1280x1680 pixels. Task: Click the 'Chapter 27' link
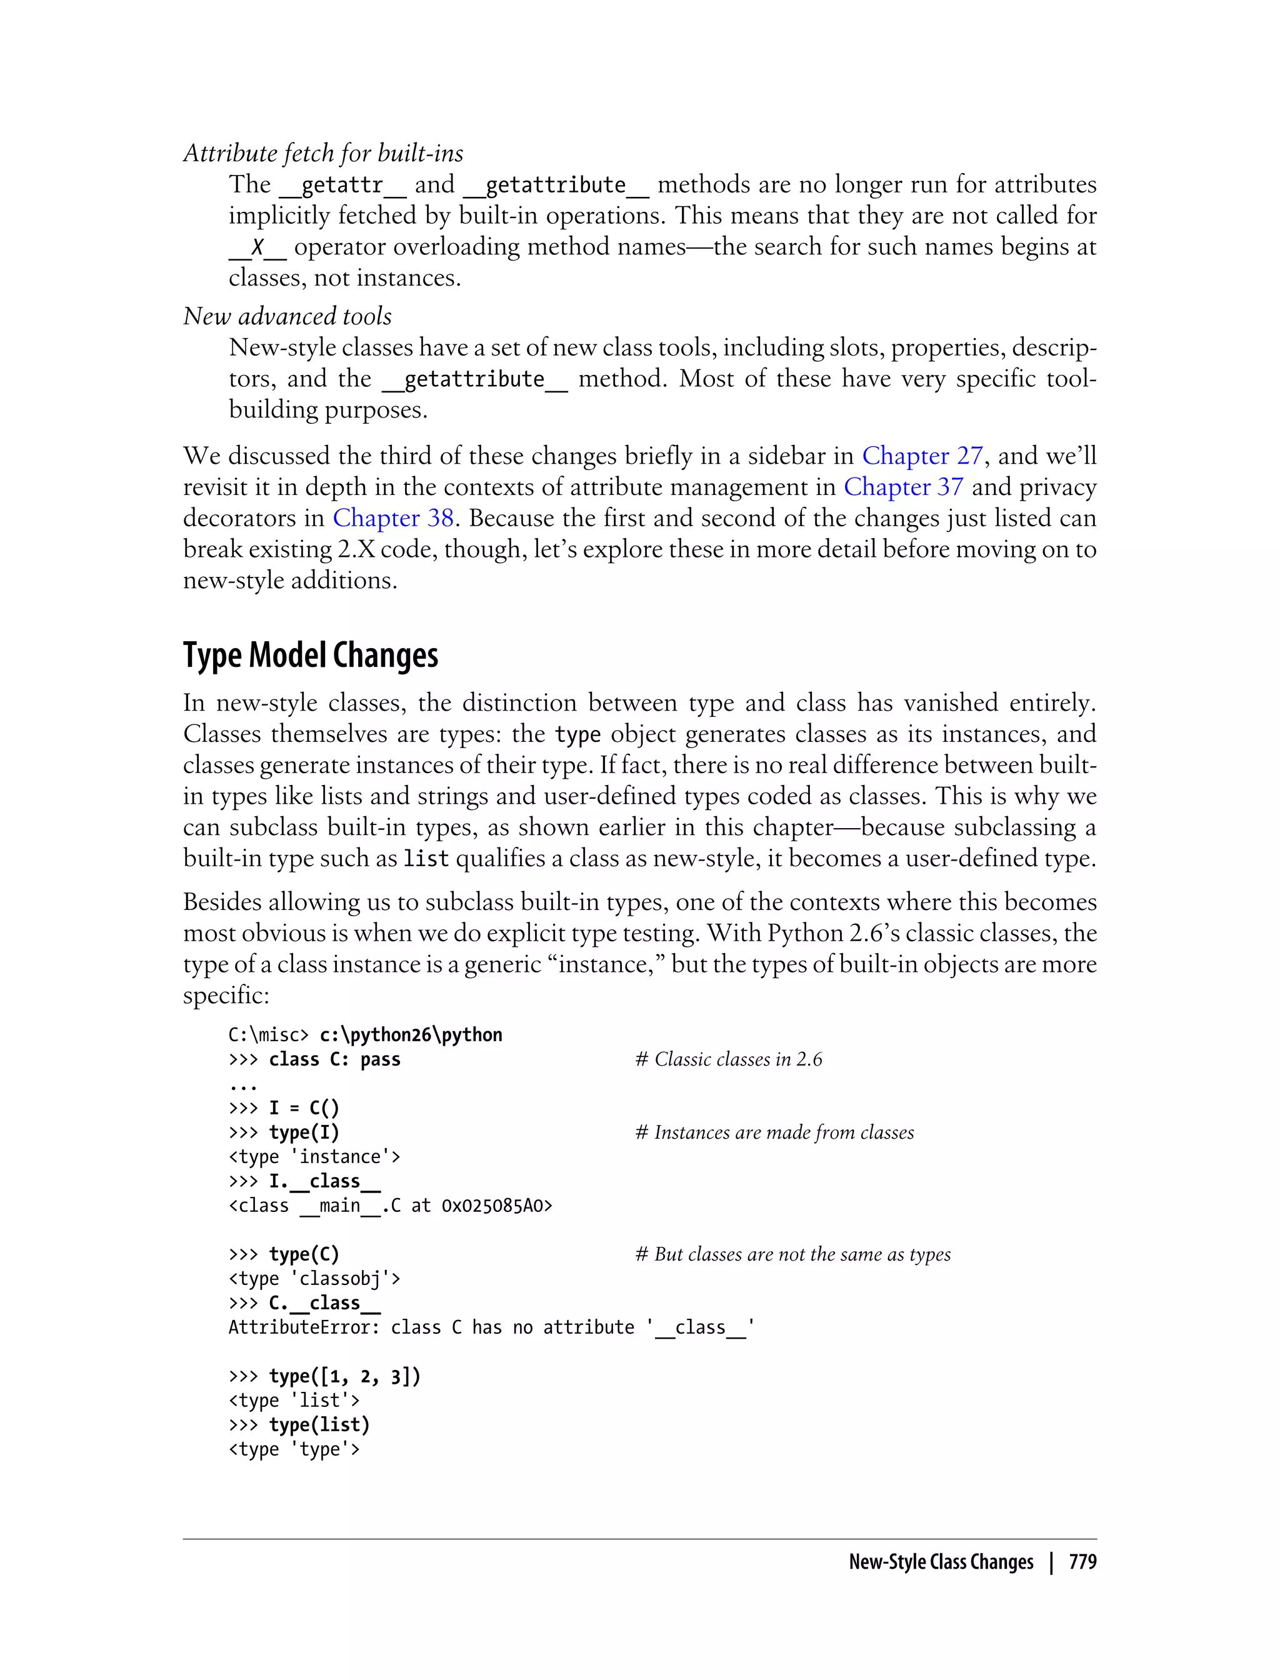point(922,456)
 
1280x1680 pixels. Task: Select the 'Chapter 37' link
point(904,487)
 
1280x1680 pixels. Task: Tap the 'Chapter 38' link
point(393,518)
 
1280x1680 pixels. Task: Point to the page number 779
point(1082,1562)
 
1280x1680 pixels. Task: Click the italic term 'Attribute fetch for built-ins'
point(323,153)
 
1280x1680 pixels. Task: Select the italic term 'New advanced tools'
point(287,316)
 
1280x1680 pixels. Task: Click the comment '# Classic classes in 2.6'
point(728,1059)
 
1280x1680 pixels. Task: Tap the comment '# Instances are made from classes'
point(774,1132)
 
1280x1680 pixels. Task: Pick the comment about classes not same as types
point(792,1254)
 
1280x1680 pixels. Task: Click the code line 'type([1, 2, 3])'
point(344,1376)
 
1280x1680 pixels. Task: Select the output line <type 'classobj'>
point(314,1279)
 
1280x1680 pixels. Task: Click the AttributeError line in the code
point(491,1327)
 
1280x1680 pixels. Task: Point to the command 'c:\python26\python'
point(411,1034)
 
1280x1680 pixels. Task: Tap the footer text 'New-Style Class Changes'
point(941,1562)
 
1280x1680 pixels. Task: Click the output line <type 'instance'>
point(314,1157)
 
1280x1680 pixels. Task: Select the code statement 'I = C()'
point(304,1107)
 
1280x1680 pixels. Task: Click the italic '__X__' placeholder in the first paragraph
point(257,247)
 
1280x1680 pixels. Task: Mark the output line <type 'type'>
point(294,1449)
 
